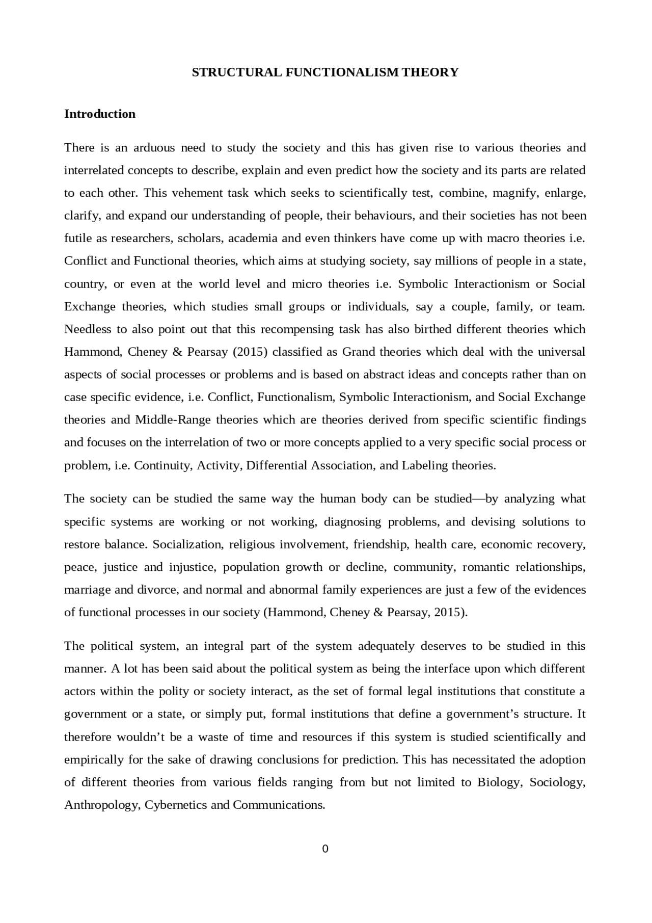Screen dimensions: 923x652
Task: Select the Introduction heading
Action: pos(100,114)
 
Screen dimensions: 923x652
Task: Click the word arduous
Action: pos(154,148)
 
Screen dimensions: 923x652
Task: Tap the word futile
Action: pos(77,239)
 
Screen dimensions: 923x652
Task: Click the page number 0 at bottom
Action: pos(325,849)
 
